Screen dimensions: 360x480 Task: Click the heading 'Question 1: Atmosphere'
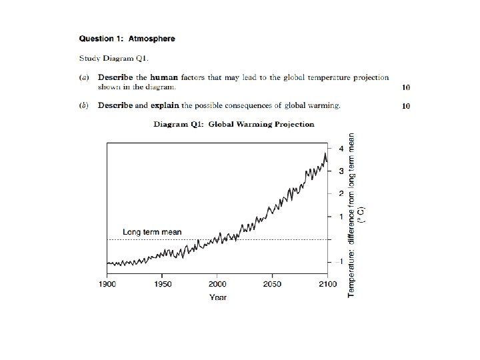click(x=127, y=39)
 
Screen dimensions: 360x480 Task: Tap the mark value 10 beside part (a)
click(x=406, y=87)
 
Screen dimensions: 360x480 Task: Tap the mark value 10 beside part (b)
click(x=406, y=105)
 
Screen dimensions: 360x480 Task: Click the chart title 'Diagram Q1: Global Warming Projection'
click(x=234, y=124)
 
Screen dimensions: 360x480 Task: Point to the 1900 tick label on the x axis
click(x=107, y=284)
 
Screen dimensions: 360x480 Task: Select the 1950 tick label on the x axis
click(x=162, y=284)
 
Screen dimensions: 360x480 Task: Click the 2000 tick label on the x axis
click(x=217, y=284)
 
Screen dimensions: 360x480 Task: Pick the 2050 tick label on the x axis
click(x=272, y=284)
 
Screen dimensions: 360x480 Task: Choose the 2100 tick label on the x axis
click(x=327, y=284)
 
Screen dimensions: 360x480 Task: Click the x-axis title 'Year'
click(x=217, y=297)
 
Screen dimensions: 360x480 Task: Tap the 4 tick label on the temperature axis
click(x=341, y=148)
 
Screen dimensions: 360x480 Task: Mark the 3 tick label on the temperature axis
click(x=341, y=171)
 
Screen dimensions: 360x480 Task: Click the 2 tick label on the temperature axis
click(x=341, y=193)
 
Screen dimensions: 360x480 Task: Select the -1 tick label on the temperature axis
click(x=339, y=261)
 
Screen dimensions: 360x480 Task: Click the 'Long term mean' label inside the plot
click(x=152, y=232)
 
